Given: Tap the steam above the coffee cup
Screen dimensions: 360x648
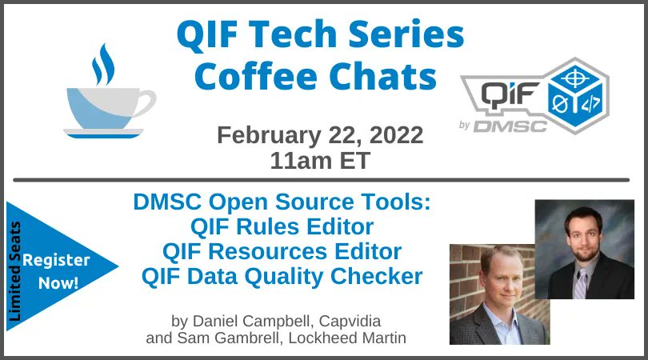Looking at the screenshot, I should click(102, 64).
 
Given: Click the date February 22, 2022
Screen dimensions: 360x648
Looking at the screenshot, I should click(321, 134).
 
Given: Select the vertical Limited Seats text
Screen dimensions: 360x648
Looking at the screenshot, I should click(15, 272).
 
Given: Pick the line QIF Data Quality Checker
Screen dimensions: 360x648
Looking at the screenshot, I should click(282, 277).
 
